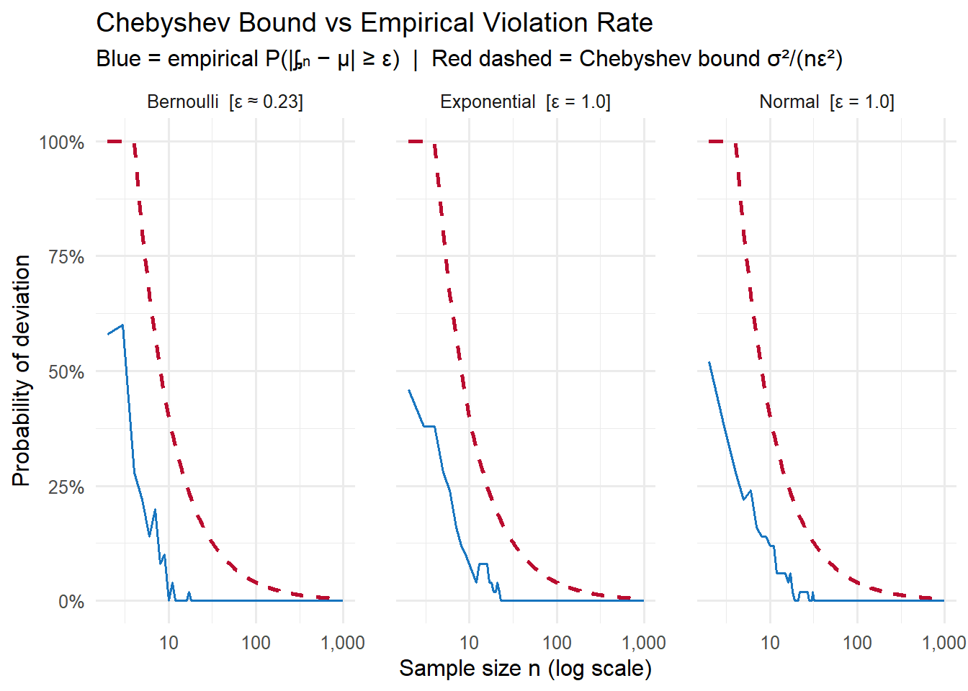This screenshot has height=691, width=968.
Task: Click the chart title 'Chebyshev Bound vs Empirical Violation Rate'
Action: [374, 23]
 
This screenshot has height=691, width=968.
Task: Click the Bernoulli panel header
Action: [225, 101]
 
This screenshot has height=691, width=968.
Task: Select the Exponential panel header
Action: [525, 101]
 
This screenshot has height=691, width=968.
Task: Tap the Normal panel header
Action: [826, 101]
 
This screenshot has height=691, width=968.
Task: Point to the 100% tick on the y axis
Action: [62, 143]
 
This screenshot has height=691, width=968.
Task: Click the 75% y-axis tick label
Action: [66, 257]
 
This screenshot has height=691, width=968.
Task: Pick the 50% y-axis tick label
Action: [66, 372]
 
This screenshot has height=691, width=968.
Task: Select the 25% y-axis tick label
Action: [66, 487]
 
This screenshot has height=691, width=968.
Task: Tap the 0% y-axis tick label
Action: [71, 602]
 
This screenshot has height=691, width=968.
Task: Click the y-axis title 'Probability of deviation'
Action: [22, 371]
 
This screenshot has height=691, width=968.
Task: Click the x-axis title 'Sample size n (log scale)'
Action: [525, 669]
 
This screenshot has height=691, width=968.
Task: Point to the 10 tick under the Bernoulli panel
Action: [169, 643]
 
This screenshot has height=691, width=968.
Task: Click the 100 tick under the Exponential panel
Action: [556, 643]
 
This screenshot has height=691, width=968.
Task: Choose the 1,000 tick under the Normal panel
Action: [944, 643]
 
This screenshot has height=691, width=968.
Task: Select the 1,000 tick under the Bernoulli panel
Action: [343, 643]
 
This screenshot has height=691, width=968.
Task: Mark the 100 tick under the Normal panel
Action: [857, 643]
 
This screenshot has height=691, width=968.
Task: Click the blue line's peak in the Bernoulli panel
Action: [122, 325]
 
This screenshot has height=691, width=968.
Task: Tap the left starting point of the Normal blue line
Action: [709, 362]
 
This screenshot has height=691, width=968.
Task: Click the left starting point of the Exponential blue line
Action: [409, 390]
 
